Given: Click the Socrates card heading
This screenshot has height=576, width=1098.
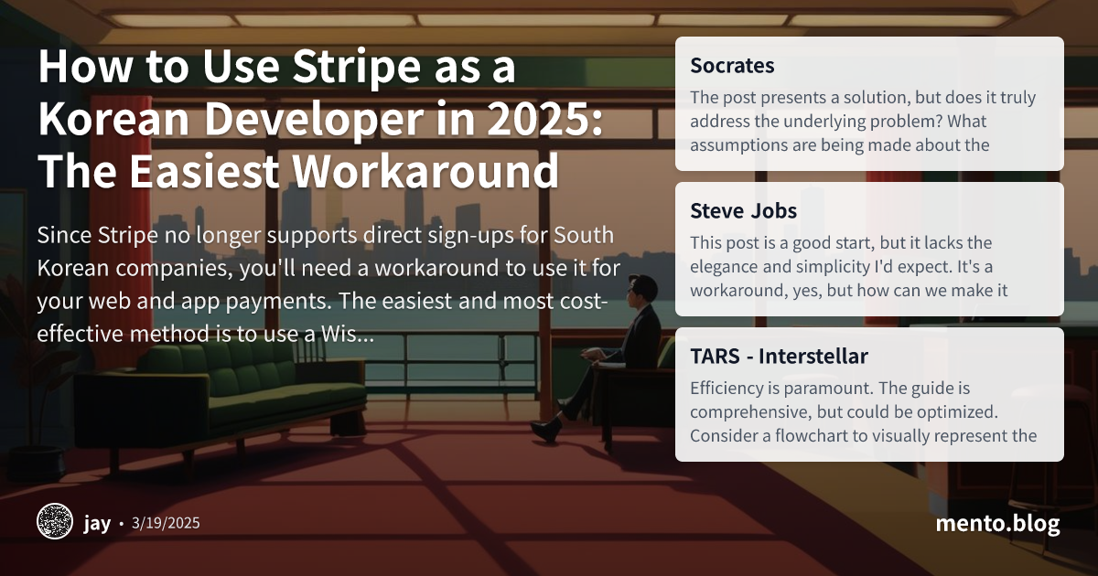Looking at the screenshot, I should pos(732,66).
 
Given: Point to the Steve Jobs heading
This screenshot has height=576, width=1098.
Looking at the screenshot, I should pos(743,211).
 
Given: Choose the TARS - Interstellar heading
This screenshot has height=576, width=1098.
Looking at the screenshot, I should pos(779,356).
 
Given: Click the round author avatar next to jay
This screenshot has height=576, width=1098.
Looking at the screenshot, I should pos(54,522).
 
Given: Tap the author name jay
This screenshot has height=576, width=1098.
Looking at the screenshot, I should pos(97,523).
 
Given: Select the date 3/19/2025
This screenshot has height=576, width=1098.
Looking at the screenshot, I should pos(166,523).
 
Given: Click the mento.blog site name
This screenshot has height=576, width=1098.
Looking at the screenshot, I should pos(997,523).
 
